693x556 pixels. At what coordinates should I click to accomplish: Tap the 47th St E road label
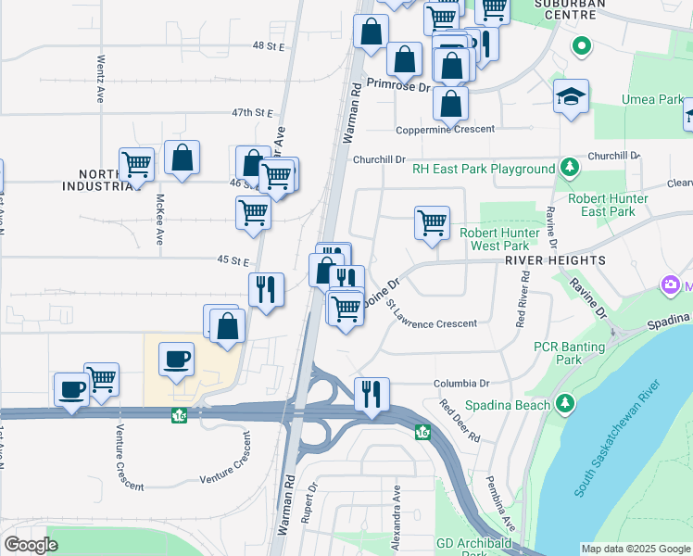point(253,112)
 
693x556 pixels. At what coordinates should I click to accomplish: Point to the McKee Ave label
point(159,219)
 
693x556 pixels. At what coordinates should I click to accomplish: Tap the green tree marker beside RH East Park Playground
point(569,168)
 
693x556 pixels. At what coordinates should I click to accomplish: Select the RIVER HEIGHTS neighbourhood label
point(555,260)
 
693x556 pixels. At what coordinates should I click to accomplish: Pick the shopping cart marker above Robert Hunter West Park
point(432,223)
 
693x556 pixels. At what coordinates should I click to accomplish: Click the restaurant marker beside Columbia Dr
point(372,395)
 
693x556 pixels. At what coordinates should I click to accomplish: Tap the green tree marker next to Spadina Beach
point(564,404)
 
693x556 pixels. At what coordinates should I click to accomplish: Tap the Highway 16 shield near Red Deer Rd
point(423,432)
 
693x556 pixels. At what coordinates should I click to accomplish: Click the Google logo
point(31,545)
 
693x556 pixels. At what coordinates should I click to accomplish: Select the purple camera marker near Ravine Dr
point(668,285)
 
